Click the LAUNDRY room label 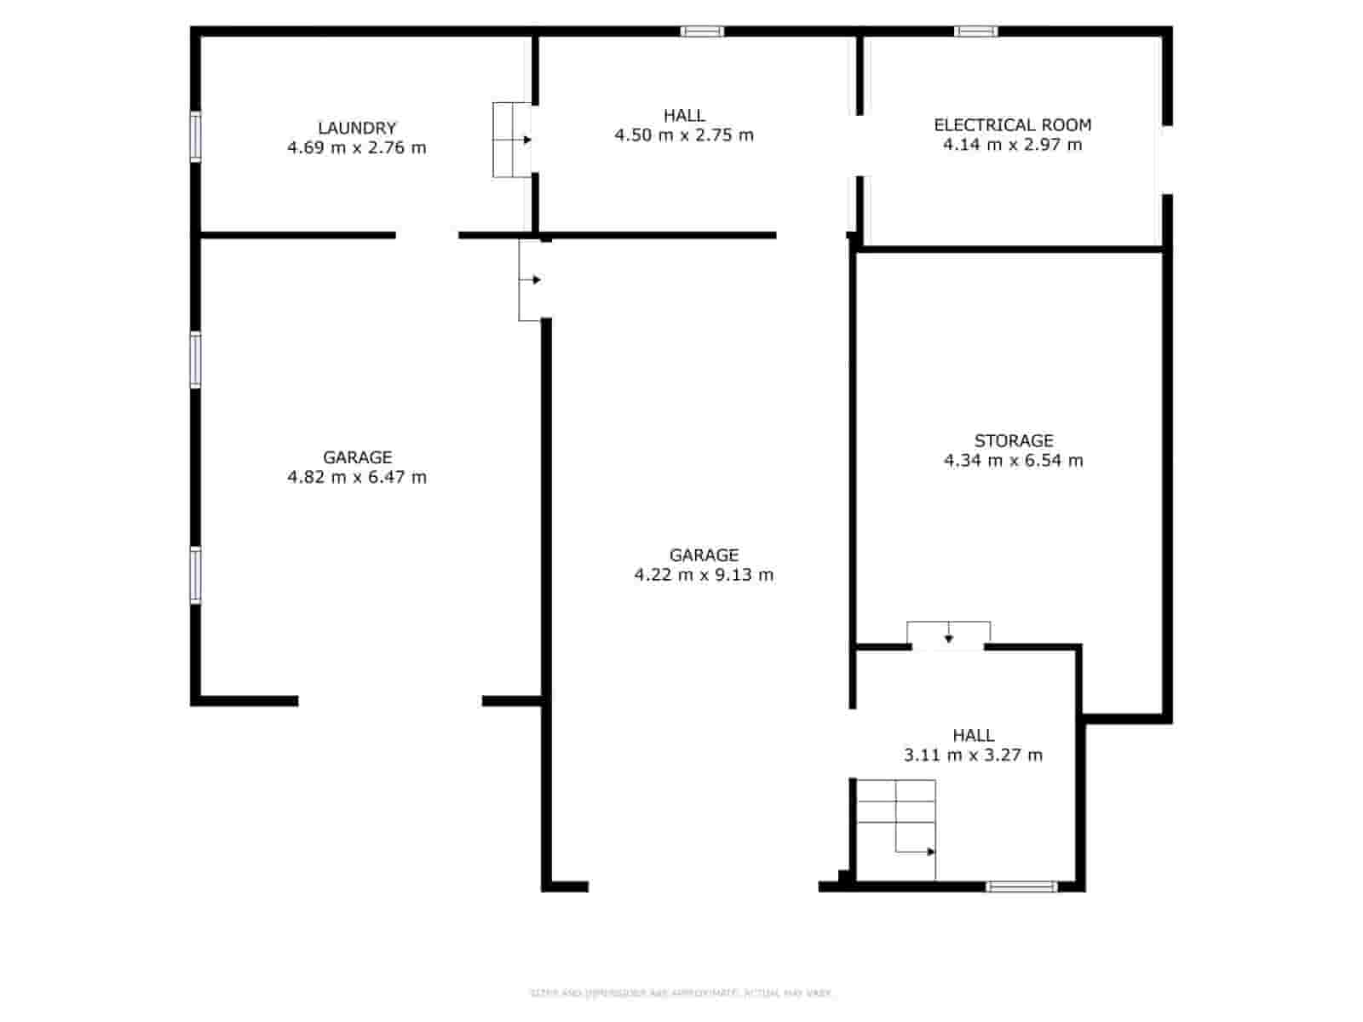[357, 128]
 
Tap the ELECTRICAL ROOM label [1012, 124]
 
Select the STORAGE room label [1013, 440]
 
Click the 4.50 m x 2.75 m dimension [684, 135]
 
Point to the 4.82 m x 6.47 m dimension [357, 477]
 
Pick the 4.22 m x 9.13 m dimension [704, 575]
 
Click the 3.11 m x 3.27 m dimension [973, 755]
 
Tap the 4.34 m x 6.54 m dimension [1013, 461]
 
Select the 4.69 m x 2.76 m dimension [357, 147]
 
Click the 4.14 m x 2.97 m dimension [1012, 145]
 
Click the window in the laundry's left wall [195, 136]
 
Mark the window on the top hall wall [702, 32]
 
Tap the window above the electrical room [975, 32]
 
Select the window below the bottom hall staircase [1021, 887]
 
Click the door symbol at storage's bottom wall [948, 635]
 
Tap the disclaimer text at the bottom [681, 993]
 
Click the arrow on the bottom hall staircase [930, 852]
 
